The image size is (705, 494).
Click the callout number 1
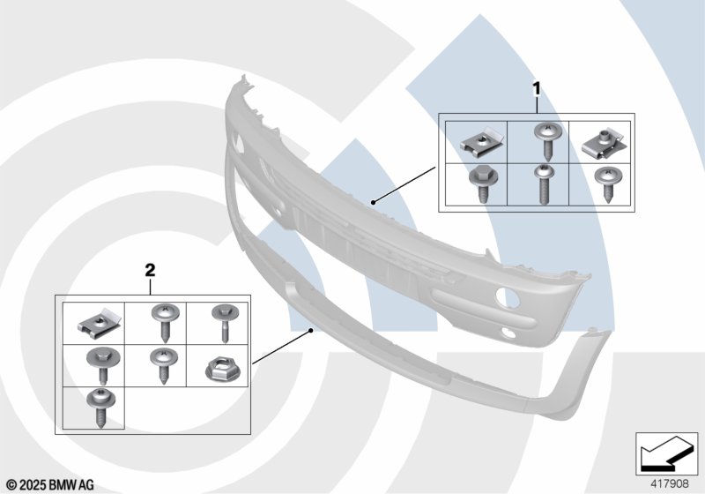point(537,88)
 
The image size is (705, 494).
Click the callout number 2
point(150,271)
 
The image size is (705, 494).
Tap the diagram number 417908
point(670,484)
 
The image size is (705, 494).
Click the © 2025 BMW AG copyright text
point(51,485)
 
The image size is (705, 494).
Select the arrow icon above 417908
point(667,454)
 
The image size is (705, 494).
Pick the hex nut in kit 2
point(223,370)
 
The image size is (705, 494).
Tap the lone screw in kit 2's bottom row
point(100,408)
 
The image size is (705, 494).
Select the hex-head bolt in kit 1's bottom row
point(481,183)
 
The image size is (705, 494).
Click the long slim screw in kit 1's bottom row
point(543,184)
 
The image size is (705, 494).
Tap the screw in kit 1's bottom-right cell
point(606,183)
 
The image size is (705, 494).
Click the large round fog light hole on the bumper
point(508,297)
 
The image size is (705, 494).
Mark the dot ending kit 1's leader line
point(373,203)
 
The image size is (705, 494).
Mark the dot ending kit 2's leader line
point(310,330)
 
